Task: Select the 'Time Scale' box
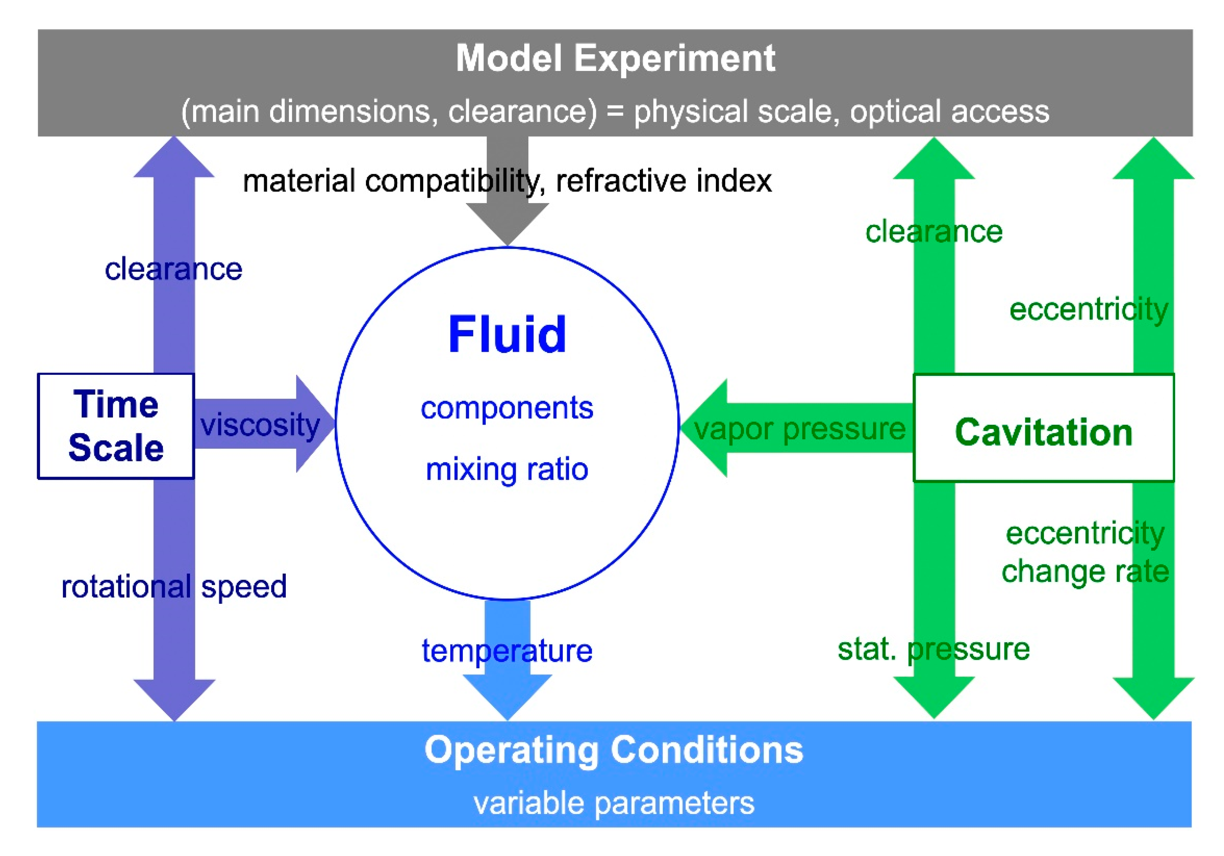(x=116, y=426)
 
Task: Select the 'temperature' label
(x=507, y=651)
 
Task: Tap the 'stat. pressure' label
(x=934, y=649)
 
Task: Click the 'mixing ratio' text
(x=507, y=469)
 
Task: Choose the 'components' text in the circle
(x=507, y=408)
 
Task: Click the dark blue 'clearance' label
(x=173, y=269)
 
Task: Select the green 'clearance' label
(x=934, y=232)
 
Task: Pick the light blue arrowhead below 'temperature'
(x=507, y=696)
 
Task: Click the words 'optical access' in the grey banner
(x=949, y=111)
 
